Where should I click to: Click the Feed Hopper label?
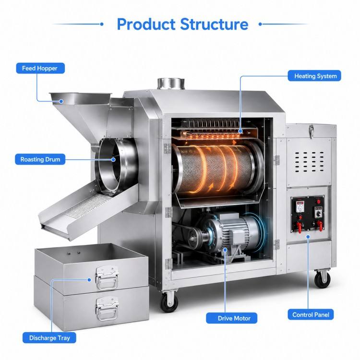pos(40,68)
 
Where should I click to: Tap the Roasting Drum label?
pos(40,159)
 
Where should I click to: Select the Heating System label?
pos(314,76)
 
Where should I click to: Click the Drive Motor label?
pos(232,318)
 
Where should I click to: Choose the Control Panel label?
pos(311,314)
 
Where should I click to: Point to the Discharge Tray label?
pos(49,338)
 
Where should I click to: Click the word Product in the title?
pos(146,24)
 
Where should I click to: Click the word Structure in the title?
pos(214,24)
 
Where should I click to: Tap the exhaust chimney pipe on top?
pos(171,84)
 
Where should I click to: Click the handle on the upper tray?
pos(108,277)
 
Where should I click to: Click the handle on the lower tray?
pos(108,308)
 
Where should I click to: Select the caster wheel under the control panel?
pos(322,279)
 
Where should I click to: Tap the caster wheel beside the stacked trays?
pos(169,301)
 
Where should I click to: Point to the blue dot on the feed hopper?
pos(61,101)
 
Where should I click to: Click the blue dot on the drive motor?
pos(225,250)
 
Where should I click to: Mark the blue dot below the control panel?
pos(308,237)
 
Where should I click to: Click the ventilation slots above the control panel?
pos(309,162)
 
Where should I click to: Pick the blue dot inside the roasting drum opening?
pos(113,159)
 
